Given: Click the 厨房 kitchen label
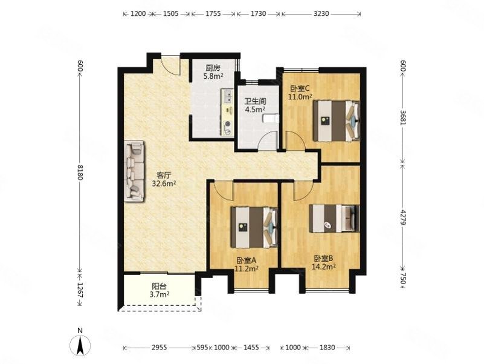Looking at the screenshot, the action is (213, 68).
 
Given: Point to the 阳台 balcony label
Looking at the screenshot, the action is (160, 286).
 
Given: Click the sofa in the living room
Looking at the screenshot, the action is (134, 171).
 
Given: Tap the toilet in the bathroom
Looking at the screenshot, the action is (271, 119).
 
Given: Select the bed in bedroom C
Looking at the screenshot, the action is (337, 121).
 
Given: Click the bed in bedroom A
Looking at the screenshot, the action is (254, 228).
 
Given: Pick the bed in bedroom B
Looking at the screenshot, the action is (335, 218).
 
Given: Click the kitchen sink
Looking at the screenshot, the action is (227, 96).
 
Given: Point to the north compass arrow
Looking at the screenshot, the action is (80, 346).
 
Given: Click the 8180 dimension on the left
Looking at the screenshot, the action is (80, 172).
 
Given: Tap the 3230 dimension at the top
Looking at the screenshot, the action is (321, 13).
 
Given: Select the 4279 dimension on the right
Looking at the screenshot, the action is (403, 217).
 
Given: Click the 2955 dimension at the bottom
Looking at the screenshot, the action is (160, 348).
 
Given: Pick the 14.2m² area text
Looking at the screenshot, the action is (323, 266).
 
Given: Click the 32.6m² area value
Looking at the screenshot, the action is (164, 184).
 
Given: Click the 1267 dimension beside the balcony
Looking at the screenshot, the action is (80, 290).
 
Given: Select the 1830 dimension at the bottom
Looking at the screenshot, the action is (327, 348).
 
